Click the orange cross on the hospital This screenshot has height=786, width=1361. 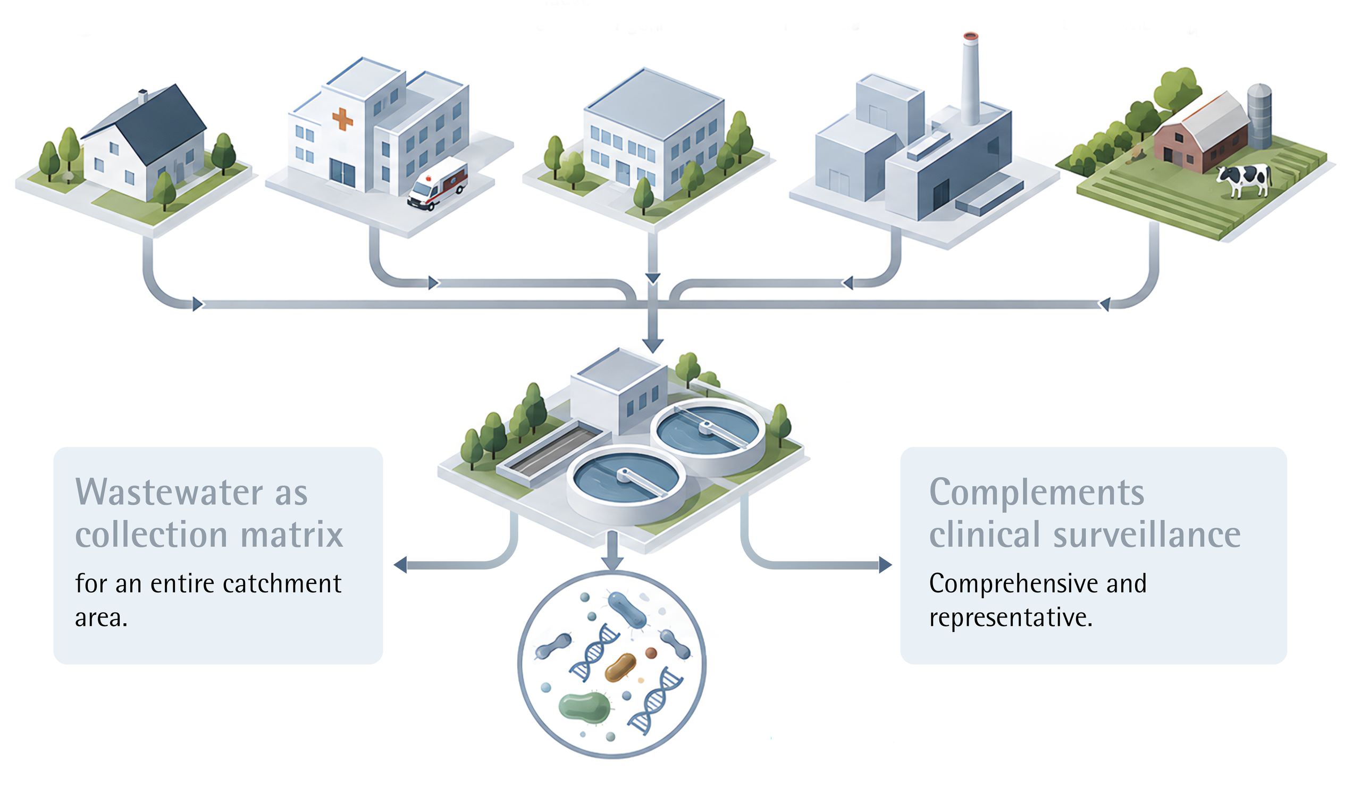coord(342,119)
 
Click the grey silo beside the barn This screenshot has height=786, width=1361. coord(1259,116)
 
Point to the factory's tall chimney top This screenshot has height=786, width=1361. coord(970,37)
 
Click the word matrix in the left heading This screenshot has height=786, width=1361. coord(292,534)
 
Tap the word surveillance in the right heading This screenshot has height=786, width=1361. coord(1147,534)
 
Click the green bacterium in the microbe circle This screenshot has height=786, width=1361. coord(584,707)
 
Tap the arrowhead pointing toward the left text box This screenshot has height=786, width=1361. coord(400,565)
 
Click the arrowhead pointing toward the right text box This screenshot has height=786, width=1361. coord(885,565)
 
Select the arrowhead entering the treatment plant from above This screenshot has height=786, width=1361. coord(653,346)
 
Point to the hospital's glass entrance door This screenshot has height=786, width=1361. coord(342,174)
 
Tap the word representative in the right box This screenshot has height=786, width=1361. coord(1011,617)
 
